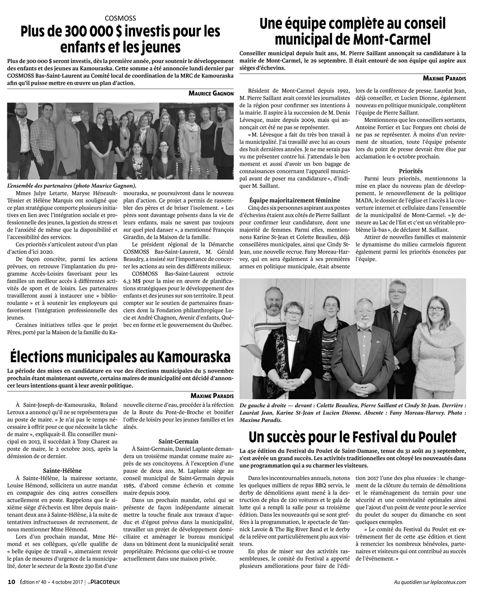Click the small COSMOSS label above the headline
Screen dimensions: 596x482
[120, 18]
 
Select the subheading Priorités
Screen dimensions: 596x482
[411, 171]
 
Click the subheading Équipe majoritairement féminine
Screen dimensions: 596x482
[295, 200]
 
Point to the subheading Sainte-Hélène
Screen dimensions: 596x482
[63, 470]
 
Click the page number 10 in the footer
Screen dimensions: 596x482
[12, 582]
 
